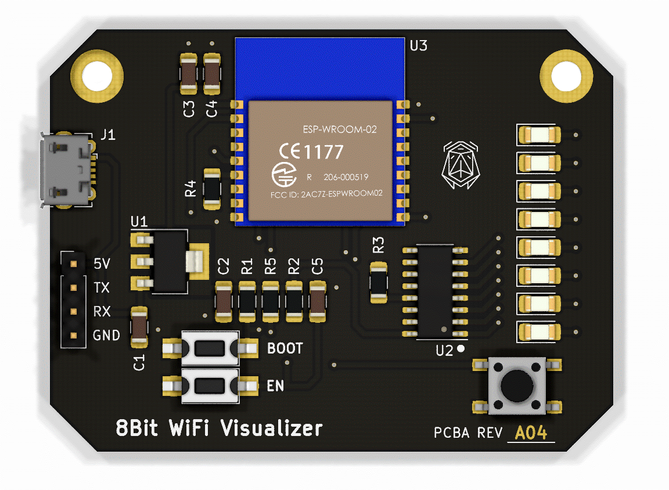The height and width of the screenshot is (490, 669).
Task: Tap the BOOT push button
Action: coord(210,348)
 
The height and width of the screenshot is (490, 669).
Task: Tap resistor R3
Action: coord(379,282)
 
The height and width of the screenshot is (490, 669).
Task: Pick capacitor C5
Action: coord(318,301)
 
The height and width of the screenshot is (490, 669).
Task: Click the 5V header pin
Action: coord(73,264)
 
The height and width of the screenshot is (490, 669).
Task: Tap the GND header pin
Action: coord(73,336)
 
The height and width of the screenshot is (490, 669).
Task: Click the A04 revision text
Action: coord(531,433)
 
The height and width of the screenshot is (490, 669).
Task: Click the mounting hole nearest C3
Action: coord(96,74)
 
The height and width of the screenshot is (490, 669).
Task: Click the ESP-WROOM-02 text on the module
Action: coord(340,129)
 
